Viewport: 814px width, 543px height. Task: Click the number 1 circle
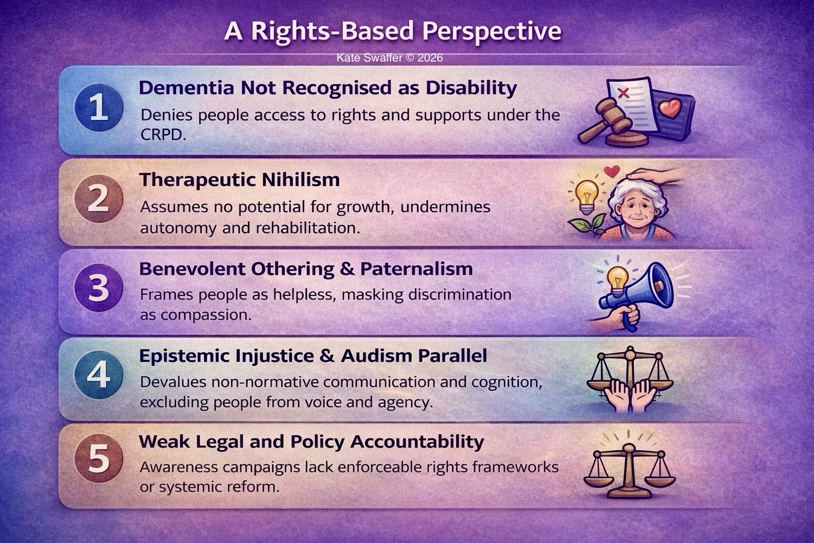tap(99, 109)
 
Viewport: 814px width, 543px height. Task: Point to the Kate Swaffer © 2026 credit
tap(390, 58)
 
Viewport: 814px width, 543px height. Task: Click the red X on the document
tap(624, 93)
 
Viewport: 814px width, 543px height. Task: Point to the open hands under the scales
tap(630, 395)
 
